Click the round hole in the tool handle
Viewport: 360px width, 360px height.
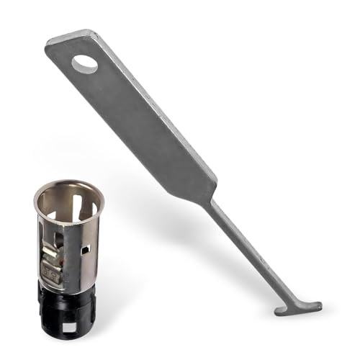tap(85, 64)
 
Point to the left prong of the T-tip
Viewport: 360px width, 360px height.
tap(280, 311)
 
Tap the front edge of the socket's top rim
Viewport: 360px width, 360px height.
tap(69, 223)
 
